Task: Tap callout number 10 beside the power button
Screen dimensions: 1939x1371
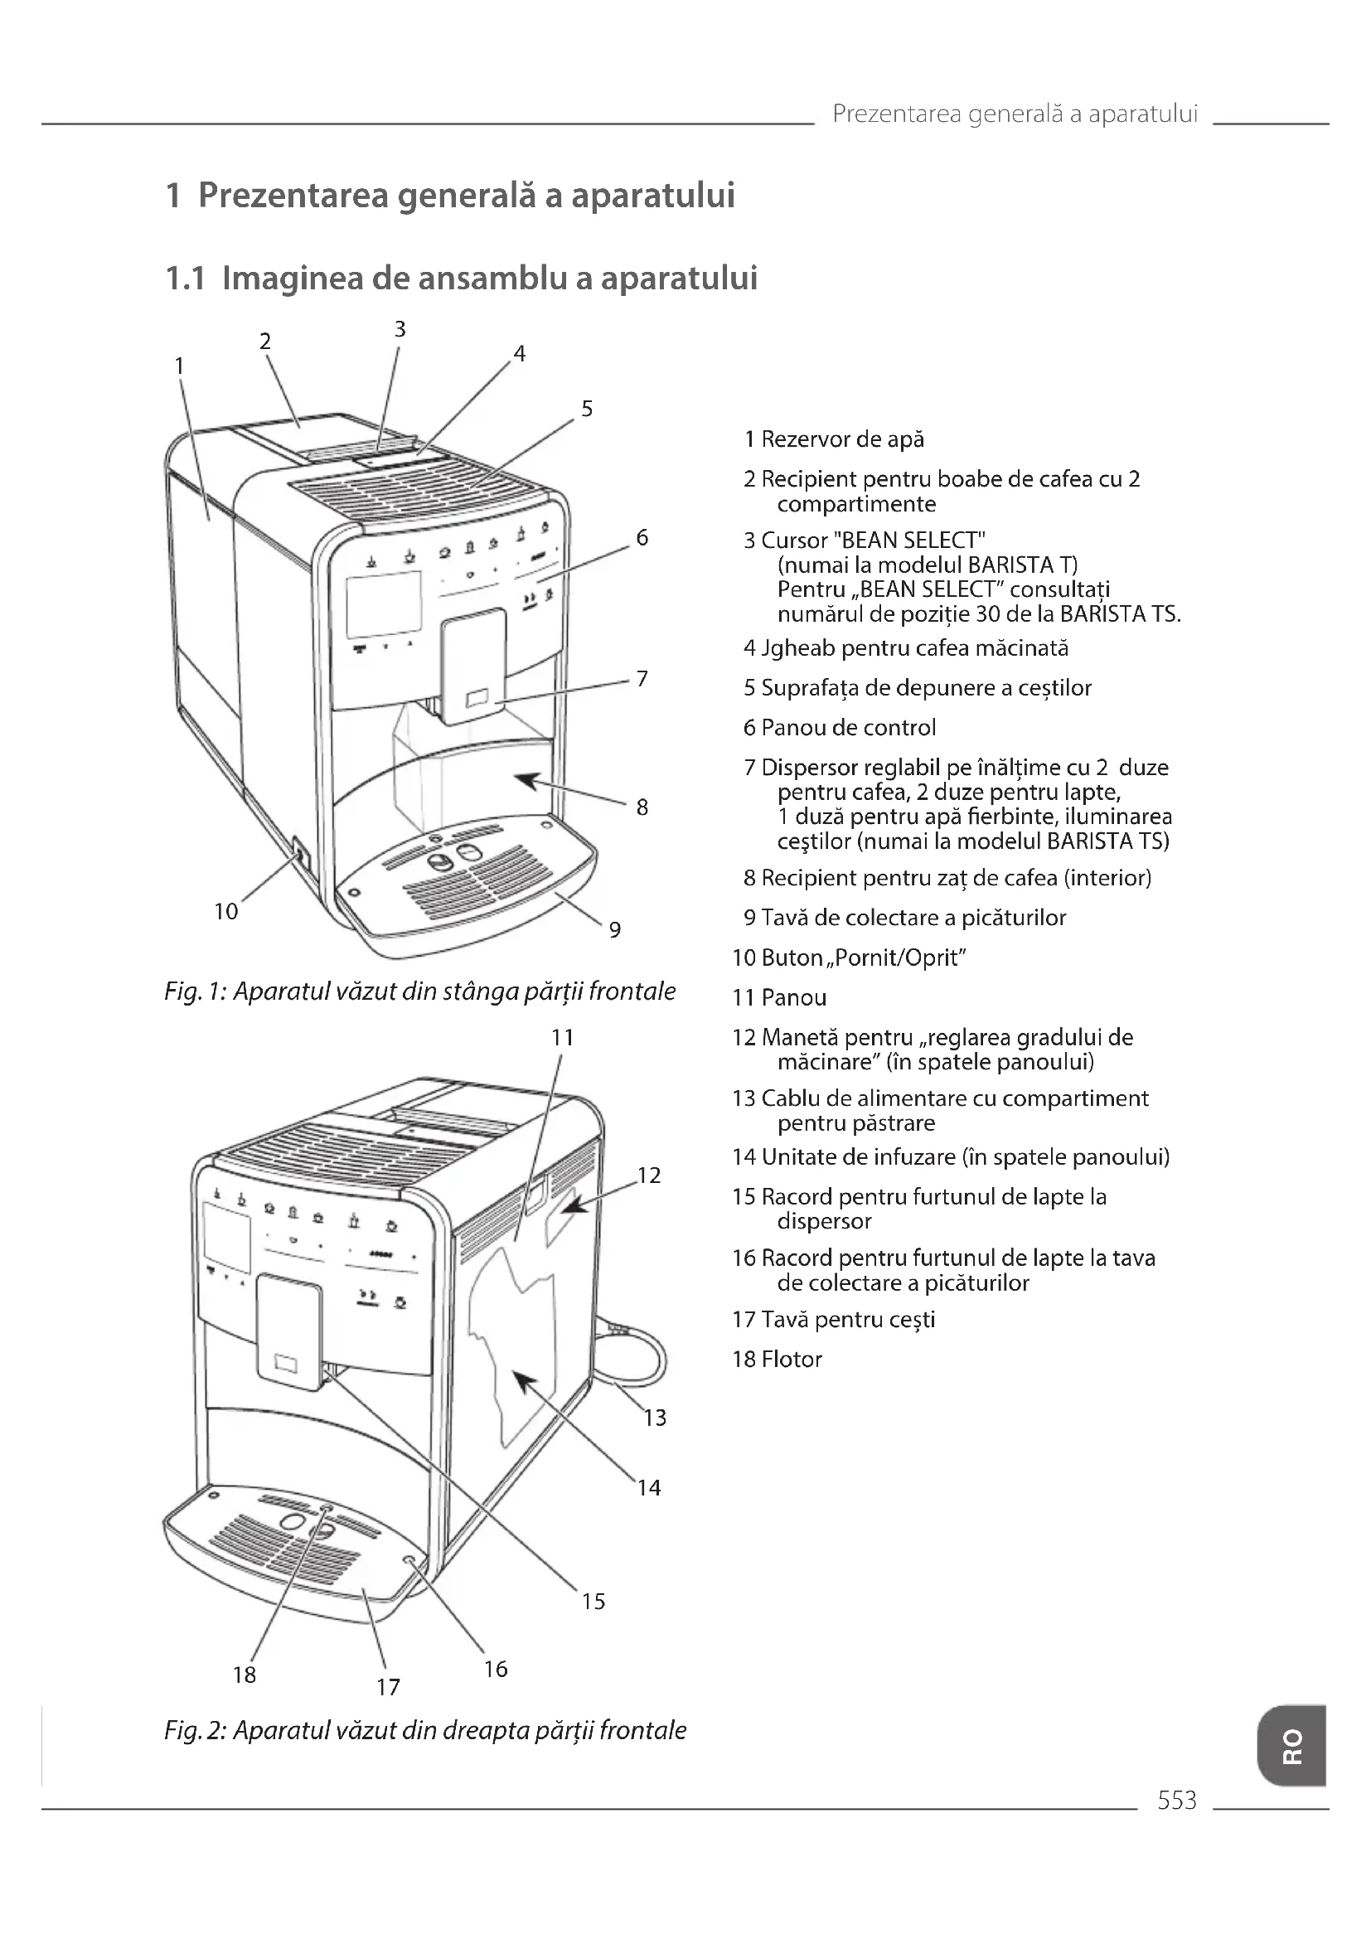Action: [225, 911]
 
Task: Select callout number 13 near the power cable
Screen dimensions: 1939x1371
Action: [655, 1418]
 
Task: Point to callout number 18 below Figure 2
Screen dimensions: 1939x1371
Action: [244, 1675]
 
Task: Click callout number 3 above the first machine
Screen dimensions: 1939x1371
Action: [400, 329]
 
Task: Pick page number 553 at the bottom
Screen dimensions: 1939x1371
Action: [1177, 1801]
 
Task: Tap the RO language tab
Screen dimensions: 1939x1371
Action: [1291, 1746]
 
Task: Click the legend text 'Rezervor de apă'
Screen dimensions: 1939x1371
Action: [841, 439]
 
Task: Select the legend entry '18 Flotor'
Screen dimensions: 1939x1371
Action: [777, 1359]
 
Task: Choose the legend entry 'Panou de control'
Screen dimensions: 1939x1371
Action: [848, 727]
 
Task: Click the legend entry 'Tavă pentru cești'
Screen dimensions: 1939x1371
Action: [848, 1319]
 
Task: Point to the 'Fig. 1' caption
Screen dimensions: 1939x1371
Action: [419, 991]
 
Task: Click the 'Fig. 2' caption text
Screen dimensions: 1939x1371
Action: [424, 1730]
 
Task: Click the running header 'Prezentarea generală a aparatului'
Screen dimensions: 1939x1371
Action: [1015, 114]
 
